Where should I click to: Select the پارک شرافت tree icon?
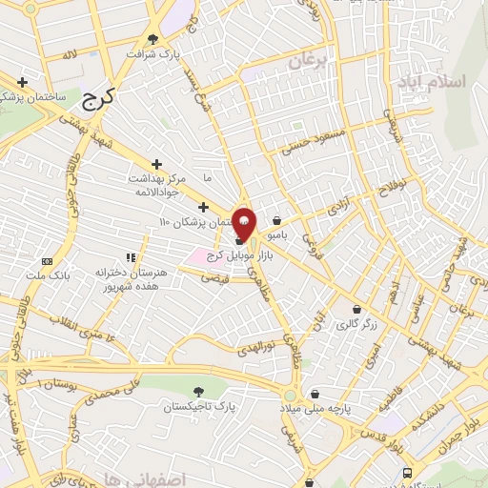[x=153, y=39]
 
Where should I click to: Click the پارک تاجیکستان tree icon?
[x=197, y=391]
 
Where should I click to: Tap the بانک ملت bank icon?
[x=48, y=260]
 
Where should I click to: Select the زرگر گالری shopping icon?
[x=356, y=309]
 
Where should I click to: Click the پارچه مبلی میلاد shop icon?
[x=315, y=394]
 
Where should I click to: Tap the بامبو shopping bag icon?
[x=276, y=221]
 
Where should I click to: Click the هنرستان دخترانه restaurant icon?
[x=132, y=257]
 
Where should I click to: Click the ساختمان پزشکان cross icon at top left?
[x=21, y=82]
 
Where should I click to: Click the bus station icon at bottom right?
[x=408, y=473]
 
